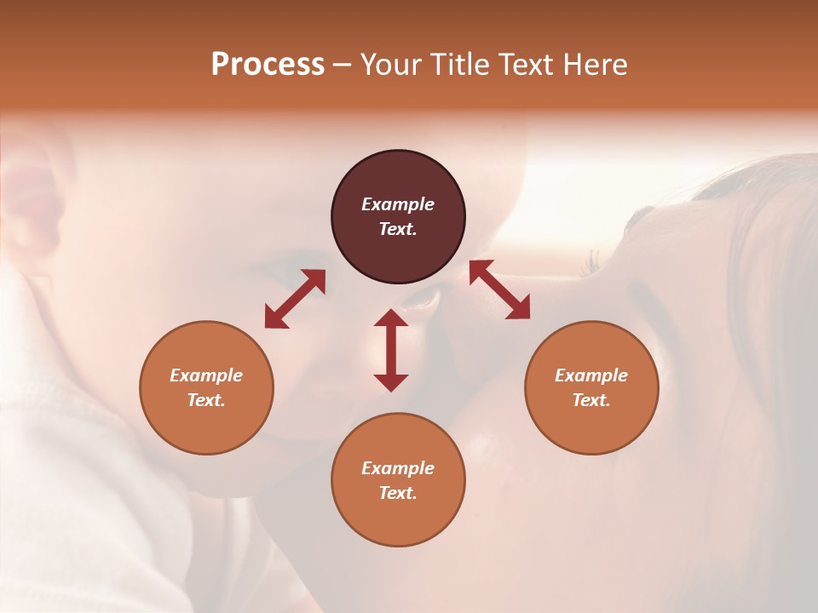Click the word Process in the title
coord(268,65)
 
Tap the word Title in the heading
coord(460,65)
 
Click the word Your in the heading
coord(389,65)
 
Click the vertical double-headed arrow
coord(391,350)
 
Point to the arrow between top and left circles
coord(295,299)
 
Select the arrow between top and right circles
coord(499,289)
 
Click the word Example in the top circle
coord(398,204)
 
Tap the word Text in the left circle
coord(206,400)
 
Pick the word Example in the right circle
coord(591,375)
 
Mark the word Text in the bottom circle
coord(398,493)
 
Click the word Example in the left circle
coord(206,375)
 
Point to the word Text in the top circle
coord(398,229)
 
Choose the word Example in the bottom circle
coord(398,468)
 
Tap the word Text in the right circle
coord(591,400)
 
